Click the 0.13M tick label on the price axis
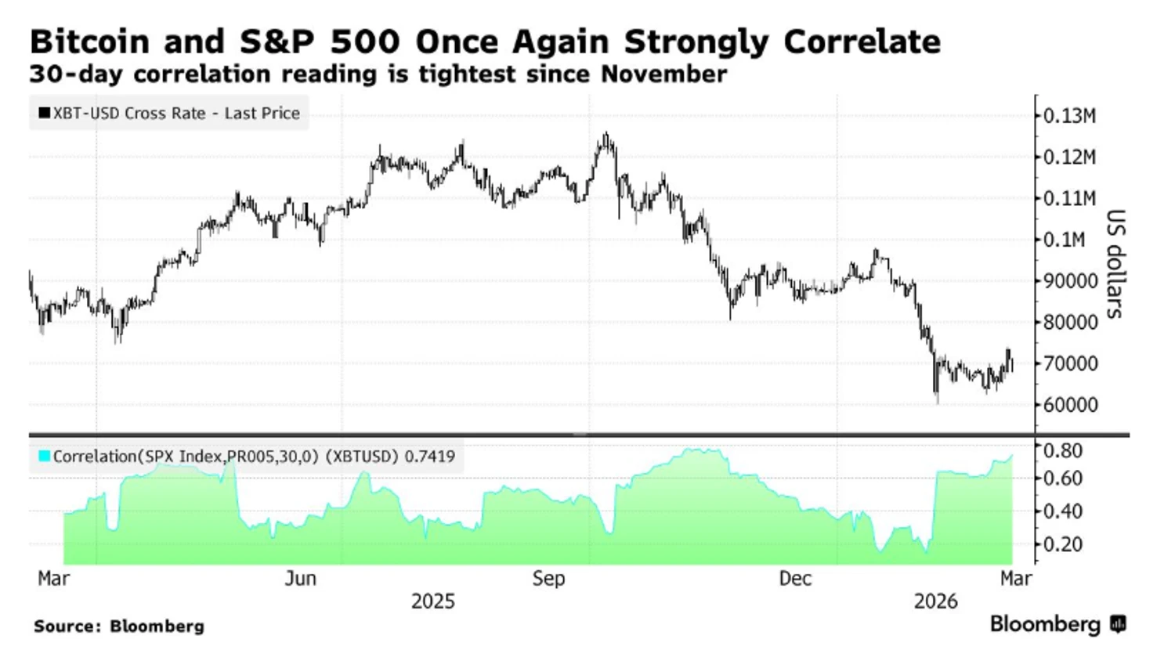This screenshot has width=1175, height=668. tap(1069, 116)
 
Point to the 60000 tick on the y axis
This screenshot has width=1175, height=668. tap(1070, 405)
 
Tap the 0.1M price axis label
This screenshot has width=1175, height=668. tap(1065, 240)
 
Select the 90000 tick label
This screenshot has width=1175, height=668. tap(1070, 281)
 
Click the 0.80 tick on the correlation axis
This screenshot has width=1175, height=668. tap(1062, 450)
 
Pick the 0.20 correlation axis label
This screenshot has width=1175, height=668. tap(1062, 544)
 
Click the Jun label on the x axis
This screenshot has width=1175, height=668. tap(301, 579)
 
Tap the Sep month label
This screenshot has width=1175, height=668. tap(548, 579)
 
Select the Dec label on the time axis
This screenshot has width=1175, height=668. tap(795, 579)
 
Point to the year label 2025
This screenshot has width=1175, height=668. tap(432, 601)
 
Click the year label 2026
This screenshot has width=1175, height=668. tap(935, 601)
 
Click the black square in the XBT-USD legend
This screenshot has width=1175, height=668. tap(45, 113)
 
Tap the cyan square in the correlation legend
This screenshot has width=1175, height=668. tap(45, 456)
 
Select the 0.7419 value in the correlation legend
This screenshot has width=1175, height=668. tap(429, 457)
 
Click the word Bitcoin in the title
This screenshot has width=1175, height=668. tap(89, 42)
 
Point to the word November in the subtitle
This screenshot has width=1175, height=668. tap(663, 74)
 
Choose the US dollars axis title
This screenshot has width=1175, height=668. tap(1115, 263)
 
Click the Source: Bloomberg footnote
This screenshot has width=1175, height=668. tap(118, 626)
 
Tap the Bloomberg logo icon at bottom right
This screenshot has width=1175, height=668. tap(1118, 624)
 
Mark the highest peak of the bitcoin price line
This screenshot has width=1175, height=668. tap(606, 134)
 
